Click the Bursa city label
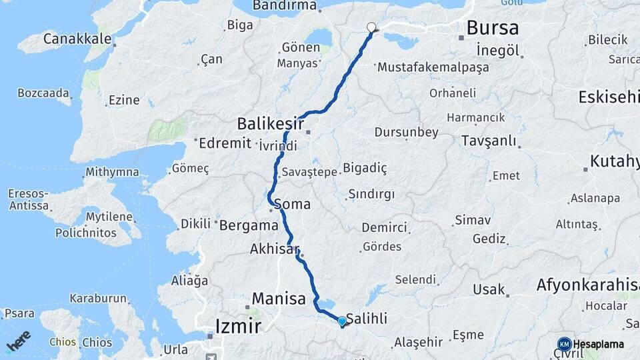[x=493, y=28]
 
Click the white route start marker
[x=371, y=27]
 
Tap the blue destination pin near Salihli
[x=342, y=321]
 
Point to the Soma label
[x=292, y=204]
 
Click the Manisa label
[x=279, y=298]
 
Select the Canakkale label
[x=77, y=39]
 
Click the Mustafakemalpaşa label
[x=433, y=67]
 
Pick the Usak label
[x=489, y=289]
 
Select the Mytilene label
[x=110, y=217]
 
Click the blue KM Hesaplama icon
[x=564, y=344]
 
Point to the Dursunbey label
[x=406, y=132]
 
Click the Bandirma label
[x=285, y=6]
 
